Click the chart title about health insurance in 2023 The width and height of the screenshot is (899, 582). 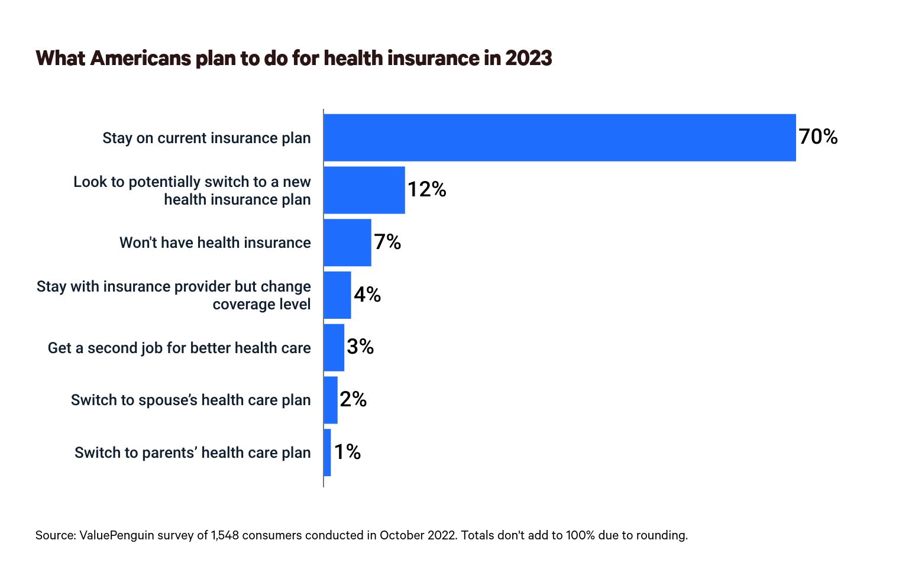pos(294,59)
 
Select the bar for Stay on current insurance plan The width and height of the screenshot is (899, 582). pos(560,137)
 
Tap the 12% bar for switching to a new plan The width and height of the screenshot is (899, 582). pos(364,190)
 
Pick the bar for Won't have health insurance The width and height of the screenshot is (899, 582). pos(347,242)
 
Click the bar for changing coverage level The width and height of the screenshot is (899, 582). pos(337,295)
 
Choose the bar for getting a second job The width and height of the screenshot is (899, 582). pos(334,347)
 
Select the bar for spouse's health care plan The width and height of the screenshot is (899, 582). pos(331,400)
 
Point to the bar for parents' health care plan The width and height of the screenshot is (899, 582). pos(328,452)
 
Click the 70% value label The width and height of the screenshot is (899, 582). pos(818,137)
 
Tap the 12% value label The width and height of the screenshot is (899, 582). pos(426,190)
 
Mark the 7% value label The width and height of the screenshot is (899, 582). pos(387,242)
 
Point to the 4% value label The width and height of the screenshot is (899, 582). pos(367,295)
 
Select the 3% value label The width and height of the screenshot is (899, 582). pos(360,347)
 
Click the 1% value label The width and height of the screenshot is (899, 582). pos(347,452)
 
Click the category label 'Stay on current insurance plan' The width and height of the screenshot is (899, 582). pos(206,138)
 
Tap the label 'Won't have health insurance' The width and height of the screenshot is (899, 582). pos(215,243)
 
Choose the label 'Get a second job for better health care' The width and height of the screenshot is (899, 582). pos(179,348)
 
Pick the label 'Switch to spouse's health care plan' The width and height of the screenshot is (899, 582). pos(190,400)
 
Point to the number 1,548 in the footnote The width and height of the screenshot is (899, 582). pos(225,535)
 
